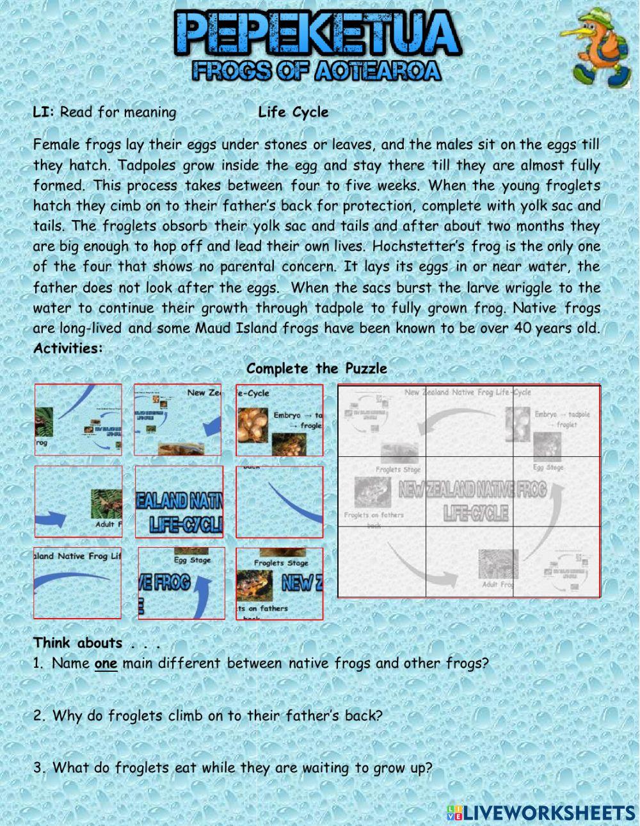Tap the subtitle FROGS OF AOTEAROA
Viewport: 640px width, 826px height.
tap(317, 70)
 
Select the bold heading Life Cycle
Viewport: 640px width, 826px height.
tap(293, 113)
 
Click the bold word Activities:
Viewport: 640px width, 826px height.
tap(68, 349)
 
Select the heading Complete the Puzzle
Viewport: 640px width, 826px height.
tap(317, 369)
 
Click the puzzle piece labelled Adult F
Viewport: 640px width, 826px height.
tap(78, 502)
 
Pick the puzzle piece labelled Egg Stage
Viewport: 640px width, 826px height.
tap(182, 583)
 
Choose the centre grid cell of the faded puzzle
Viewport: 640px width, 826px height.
tap(469, 492)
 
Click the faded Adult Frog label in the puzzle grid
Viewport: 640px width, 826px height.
tap(497, 585)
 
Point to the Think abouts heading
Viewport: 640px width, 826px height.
tap(77, 643)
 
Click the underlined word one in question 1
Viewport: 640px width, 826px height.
tap(106, 664)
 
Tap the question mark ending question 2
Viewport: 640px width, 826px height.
tap(378, 716)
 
